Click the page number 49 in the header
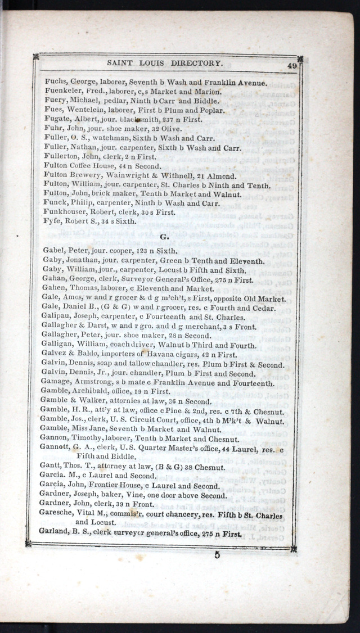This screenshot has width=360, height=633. point(291,66)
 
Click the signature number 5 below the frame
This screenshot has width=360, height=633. point(217,556)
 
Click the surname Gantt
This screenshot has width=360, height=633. point(52,466)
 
